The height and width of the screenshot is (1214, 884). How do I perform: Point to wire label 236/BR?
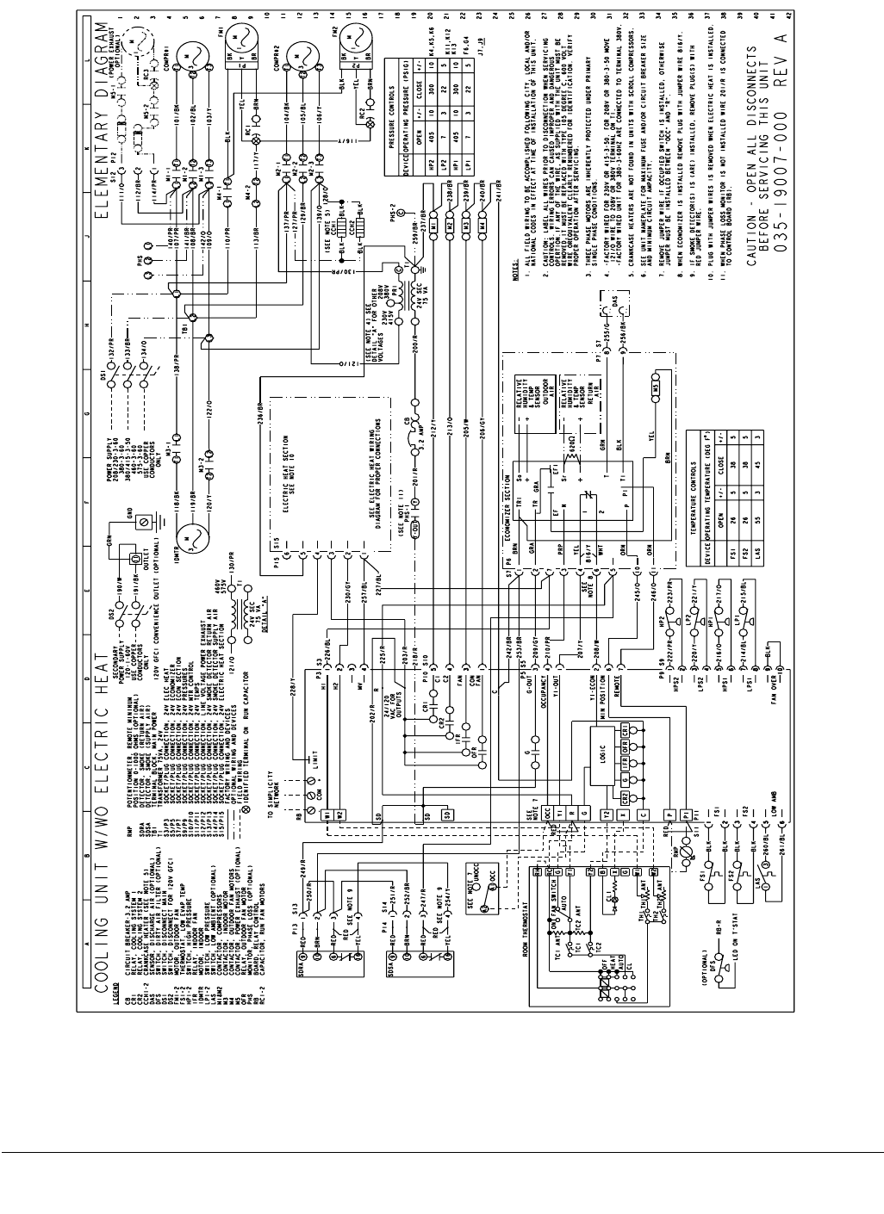point(260,411)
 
